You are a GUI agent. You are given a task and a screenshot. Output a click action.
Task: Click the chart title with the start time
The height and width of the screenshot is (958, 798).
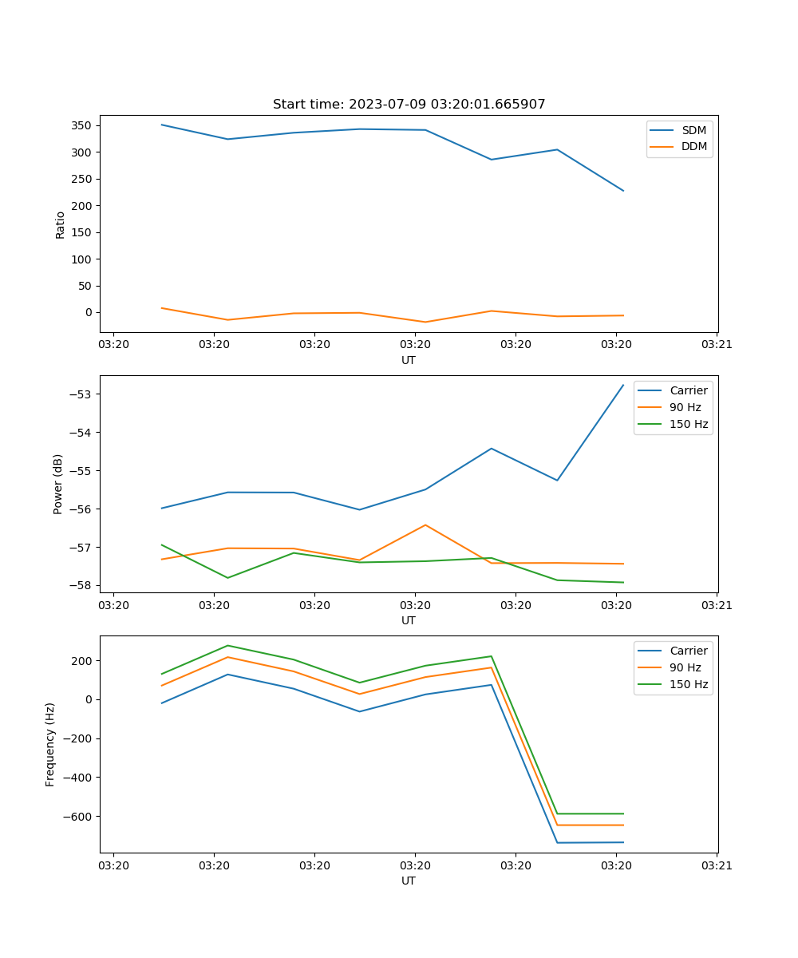409,105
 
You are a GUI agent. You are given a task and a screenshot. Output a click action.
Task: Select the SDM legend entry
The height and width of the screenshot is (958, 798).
693,130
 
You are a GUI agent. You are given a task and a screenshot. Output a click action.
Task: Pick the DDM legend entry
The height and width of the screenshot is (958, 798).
693,147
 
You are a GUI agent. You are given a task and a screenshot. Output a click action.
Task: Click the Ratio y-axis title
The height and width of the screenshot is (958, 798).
61,224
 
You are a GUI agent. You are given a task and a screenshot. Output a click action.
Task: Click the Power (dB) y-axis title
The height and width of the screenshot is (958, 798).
58,485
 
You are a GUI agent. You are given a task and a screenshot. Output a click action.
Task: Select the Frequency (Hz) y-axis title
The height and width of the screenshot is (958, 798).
50,744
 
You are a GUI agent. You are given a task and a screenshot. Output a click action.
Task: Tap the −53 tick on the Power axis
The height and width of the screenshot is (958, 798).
82,394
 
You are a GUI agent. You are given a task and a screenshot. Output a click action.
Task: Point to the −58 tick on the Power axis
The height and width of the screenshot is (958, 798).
82,585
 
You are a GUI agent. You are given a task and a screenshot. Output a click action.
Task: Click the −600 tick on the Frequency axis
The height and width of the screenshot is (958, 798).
77,816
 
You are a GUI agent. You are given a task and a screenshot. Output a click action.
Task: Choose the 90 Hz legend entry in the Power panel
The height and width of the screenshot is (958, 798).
685,407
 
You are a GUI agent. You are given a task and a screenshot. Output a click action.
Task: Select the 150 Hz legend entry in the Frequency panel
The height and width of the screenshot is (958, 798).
689,684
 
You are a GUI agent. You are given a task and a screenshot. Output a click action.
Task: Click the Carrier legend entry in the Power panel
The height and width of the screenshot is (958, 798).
688,390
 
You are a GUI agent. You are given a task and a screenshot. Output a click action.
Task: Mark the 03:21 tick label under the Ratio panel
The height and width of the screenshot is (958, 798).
717,345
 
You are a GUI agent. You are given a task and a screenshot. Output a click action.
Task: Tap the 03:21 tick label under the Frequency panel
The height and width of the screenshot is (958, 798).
717,865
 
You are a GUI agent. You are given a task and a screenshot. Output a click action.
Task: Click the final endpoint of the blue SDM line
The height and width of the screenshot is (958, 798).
623,191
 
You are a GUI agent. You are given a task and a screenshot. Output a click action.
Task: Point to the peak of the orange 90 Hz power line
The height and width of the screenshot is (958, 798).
425,525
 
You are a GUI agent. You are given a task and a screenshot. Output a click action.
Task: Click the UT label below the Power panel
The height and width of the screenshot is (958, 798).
409,620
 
